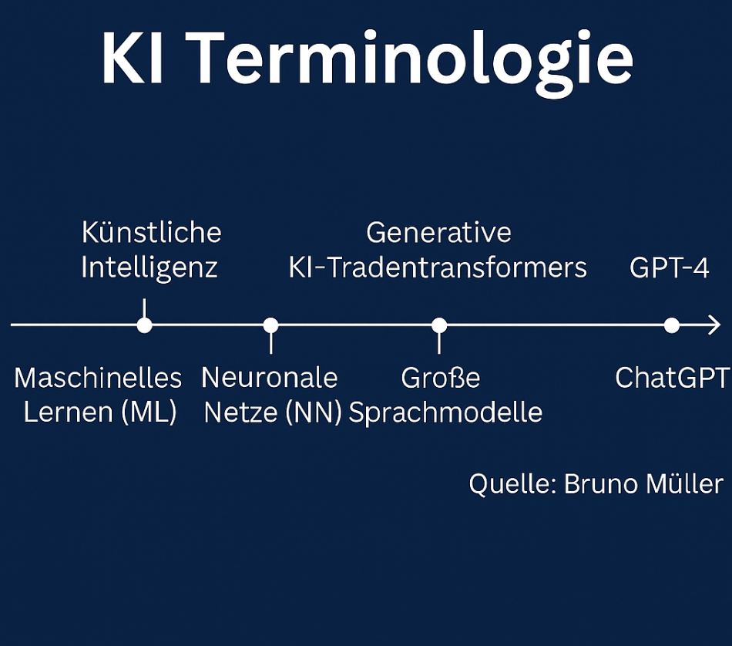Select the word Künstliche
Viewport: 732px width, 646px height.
pos(152,232)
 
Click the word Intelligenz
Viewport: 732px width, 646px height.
pos(149,268)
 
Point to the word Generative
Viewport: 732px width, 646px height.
pos(439,233)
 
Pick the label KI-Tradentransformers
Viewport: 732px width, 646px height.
pos(438,268)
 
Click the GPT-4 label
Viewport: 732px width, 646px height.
pos(670,268)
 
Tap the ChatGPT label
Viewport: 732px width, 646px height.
pos(672,378)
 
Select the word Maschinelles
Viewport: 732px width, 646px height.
pos(98,378)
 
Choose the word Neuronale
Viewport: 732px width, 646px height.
pos(270,378)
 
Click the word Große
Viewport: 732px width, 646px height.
pos(441,378)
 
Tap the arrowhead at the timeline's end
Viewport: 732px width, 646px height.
pos(715,325)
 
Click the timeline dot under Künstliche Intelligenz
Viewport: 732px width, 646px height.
pos(145,325)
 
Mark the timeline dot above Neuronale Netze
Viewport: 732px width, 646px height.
pos(270,325)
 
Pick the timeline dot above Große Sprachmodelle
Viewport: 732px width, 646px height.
pos(439,325)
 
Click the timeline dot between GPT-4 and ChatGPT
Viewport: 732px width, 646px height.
pos(672,325)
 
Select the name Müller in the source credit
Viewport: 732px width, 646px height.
pos(684,483)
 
